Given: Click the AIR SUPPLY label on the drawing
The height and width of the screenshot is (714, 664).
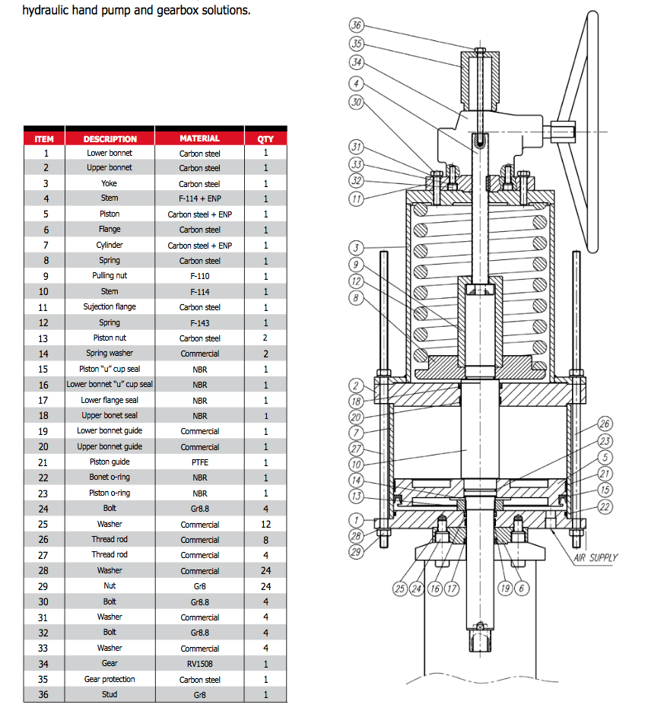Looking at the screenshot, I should [x=595, y=557].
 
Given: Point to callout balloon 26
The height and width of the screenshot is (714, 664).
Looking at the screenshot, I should [x=605, y=424].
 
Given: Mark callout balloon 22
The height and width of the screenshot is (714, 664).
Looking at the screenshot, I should [x=605, y=506].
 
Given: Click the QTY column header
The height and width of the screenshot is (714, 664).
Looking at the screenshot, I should [x=265, y=139].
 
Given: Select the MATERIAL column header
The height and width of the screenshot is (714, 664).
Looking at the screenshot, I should [x=200, y=139].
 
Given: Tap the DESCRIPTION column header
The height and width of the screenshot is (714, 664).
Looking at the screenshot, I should [x=110, y=139].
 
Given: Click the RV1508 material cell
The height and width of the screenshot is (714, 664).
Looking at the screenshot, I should [x=200, y=664].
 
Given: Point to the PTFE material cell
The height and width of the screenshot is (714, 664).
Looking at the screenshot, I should [x=200, y=462].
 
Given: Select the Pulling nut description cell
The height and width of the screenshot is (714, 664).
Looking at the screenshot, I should [x=110, y=276].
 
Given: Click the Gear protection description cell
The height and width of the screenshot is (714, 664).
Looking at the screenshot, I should [x=110, y=679].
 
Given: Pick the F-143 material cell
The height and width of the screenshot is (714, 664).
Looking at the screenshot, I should [x=200, y=323].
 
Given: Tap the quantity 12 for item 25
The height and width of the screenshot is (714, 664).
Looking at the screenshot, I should [x=265, y=524].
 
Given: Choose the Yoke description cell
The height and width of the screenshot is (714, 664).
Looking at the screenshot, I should [x=110, y=183].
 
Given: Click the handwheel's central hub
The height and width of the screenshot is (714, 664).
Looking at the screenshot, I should [x=564, y=131].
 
